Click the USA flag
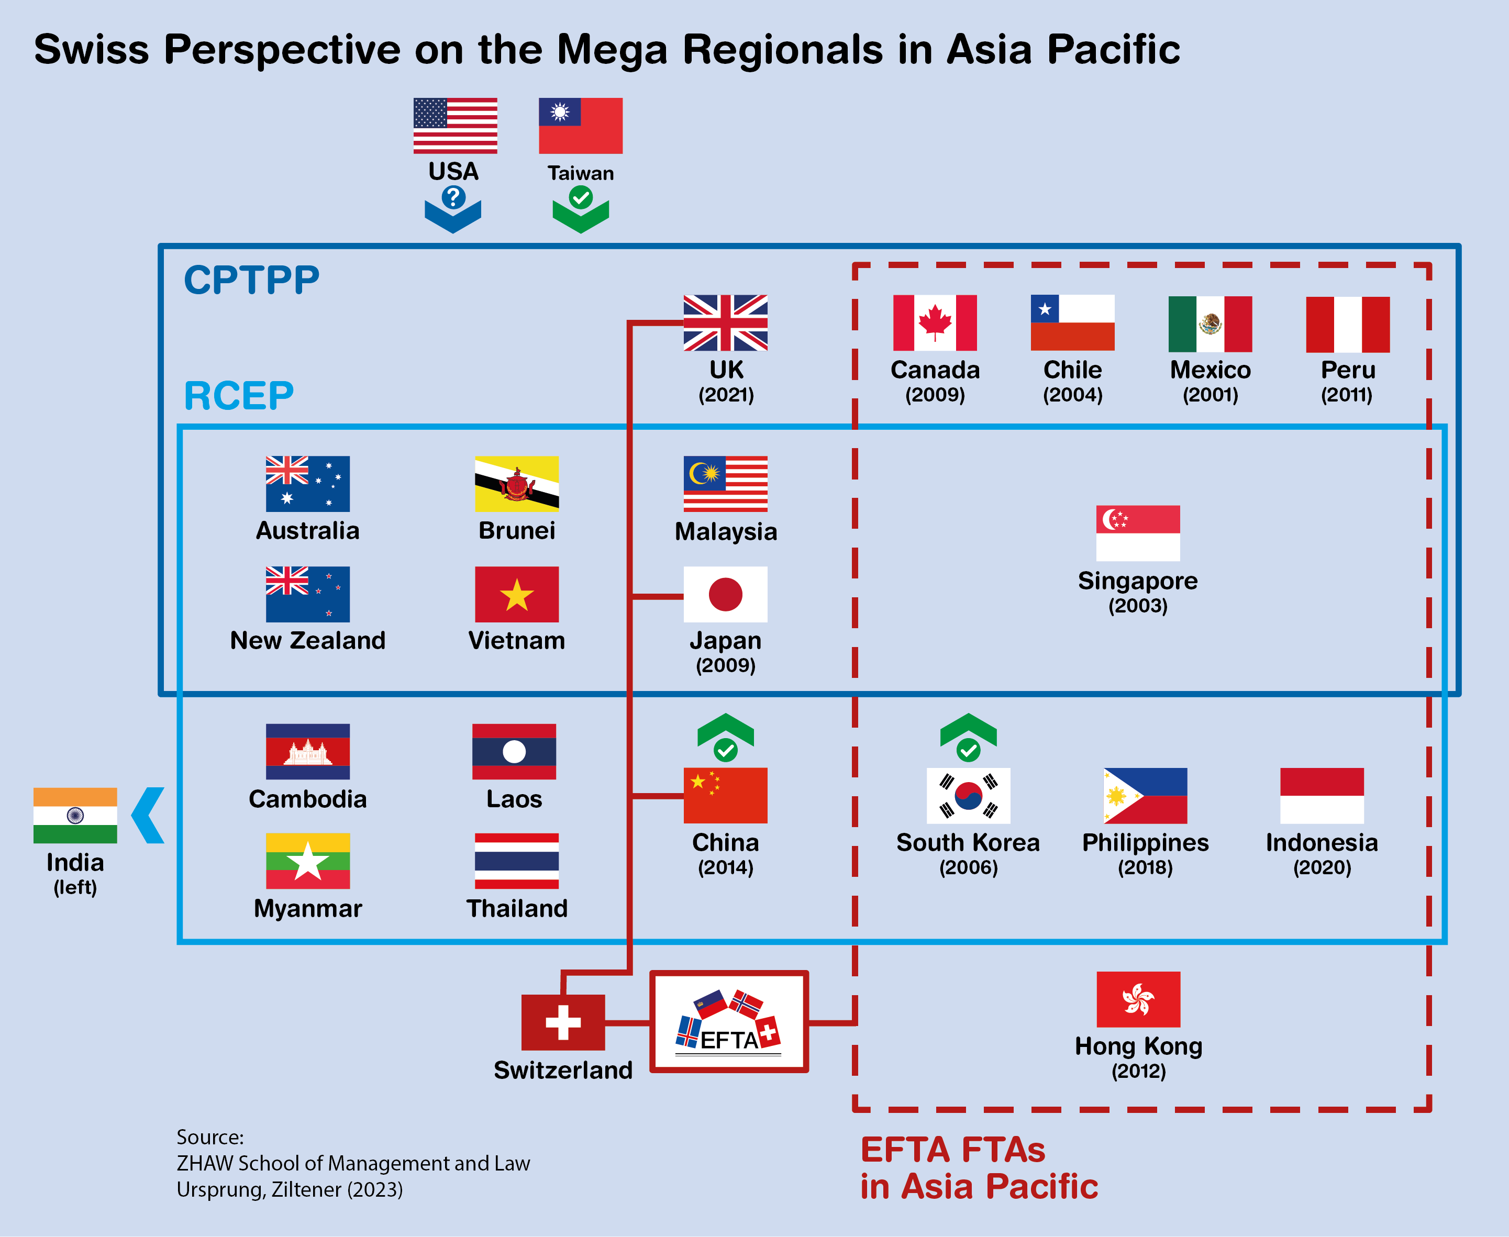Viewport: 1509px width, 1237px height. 455,126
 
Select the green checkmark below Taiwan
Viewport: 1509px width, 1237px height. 581,197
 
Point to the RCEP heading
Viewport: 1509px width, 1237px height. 238,396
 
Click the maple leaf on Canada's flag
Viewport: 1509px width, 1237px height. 935,322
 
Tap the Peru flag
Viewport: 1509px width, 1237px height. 1347,324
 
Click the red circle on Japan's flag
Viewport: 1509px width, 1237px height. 725,594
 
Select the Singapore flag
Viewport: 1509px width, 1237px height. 1138,533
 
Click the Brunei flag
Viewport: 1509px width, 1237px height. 517,484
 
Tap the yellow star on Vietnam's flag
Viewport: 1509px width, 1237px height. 517,595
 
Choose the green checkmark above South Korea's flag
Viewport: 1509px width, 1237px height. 968,750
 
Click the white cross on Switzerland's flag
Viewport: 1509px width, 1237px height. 562,1022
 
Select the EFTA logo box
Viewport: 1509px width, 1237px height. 728,1021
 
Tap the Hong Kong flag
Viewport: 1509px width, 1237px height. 1138,999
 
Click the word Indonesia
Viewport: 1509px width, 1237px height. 1322,843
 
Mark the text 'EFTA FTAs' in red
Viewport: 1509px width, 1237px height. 952,1150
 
